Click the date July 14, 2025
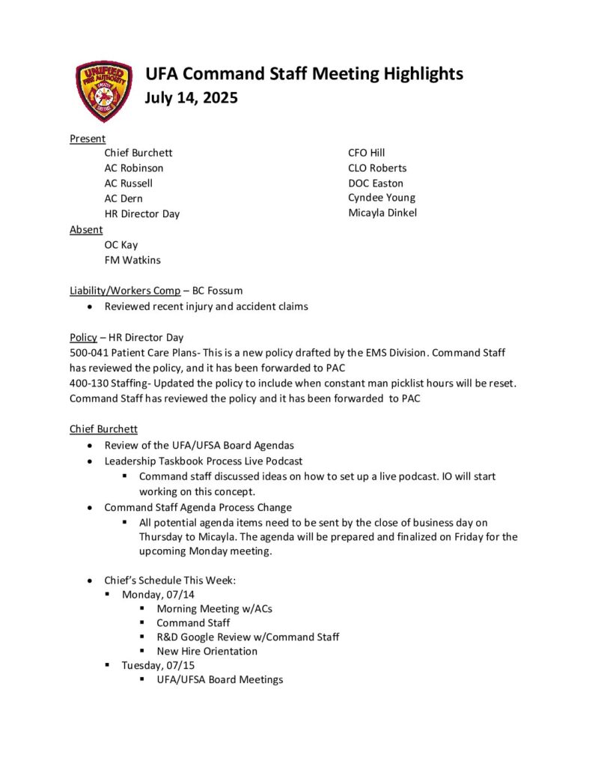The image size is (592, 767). click(x=191, y=97)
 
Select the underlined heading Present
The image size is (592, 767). click(x=88, y=139)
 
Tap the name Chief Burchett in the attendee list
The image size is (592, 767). click(x=138, y=153)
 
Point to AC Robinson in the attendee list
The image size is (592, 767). click(x=134, y=168)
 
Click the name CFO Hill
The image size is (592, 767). click(x=367, y=153)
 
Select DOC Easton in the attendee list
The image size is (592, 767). click(x=376, y=183)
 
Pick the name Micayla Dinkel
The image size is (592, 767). click(x=382, y=213)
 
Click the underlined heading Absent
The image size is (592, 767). click(x=86, y=229)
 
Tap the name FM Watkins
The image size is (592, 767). click(x=132, y=260)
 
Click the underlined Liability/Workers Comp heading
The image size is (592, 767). click(x=125, y=291)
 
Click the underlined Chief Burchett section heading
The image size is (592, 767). click(x=104, y=429)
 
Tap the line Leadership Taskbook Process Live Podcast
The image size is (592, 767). click(x=204, y=461)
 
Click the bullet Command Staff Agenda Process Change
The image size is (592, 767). click(x=198, y=507)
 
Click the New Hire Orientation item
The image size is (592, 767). click(x=207, y=651)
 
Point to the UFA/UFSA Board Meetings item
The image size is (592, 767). click(x=220, y=679)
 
